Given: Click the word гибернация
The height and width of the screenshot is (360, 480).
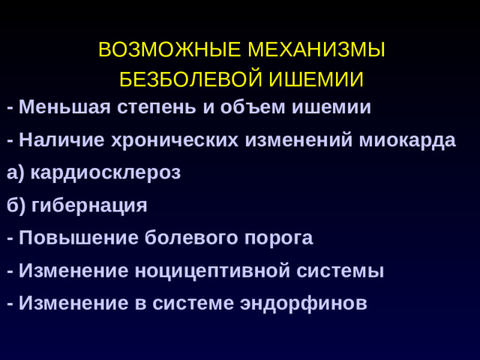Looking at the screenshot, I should coord(89,205).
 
